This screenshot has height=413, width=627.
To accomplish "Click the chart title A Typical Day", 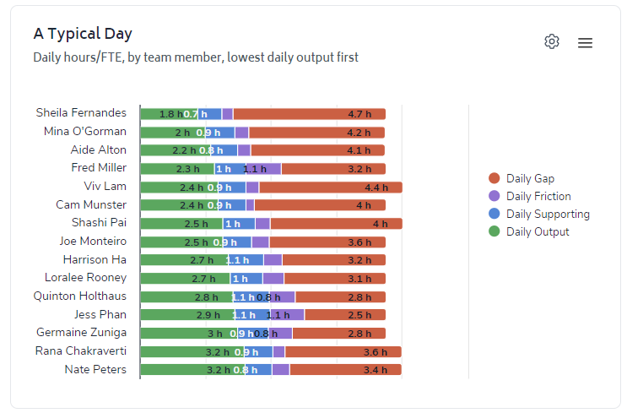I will coord(83,34).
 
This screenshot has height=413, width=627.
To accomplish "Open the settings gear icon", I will coord(552,41).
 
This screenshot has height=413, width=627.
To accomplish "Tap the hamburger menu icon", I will coord(585,42).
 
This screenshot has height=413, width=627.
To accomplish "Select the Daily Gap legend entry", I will coord(530,178).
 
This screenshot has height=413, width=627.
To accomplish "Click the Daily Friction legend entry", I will coord(538,196).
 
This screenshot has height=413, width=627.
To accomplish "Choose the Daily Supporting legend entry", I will coord(548,214).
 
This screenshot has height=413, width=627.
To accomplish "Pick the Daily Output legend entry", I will coord(538,231).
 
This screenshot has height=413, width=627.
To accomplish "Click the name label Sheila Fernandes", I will coord(81,113).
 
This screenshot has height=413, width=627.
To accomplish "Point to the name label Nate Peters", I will coord(95,370).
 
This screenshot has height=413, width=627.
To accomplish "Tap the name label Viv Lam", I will coord(105,187).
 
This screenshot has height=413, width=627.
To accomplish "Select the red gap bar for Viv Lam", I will coord(329,187).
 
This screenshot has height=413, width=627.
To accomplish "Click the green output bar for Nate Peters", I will coord(173,370).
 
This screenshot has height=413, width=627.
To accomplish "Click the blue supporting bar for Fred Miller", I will coord(230,169).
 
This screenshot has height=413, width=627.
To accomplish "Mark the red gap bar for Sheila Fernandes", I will coord(308,114).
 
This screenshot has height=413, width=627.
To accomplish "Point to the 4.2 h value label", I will coord(359,133).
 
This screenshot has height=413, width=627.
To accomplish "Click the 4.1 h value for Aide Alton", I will coord(359,150).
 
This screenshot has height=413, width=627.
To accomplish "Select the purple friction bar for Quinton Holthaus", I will coord(283,297).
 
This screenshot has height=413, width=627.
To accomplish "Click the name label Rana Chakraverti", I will coord(81,351).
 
